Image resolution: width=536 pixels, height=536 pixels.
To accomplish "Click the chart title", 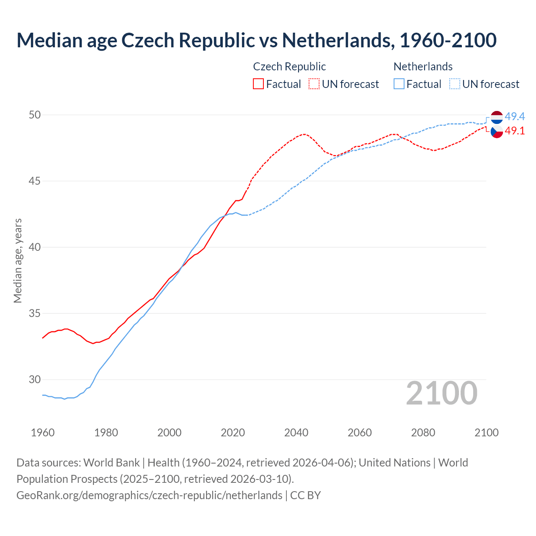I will [x=256, y=40].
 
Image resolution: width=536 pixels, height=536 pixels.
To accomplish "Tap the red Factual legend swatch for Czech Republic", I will [x=258, y=84].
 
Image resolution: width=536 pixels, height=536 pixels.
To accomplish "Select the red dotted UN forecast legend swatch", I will [x=314, y=84].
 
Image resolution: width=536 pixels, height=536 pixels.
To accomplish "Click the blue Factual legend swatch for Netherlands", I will [x=399, y=84].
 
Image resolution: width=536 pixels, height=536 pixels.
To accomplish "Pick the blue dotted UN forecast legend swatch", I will [x=455, y=84].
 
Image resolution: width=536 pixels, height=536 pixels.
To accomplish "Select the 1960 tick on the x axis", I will [x=43, y=432].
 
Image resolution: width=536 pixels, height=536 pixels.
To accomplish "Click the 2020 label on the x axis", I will [x=233, y=432].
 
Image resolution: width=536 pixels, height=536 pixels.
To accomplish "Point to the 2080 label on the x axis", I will [x=423, y=432].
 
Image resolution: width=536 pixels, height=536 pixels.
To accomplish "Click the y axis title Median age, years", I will [x=18, y=260].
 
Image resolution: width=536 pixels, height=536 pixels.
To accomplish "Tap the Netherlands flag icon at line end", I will [x=497, y=117].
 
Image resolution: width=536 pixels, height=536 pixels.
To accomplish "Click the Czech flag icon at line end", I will [x=497, y=131].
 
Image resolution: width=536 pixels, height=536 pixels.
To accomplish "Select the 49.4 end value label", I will [x=515, y=116].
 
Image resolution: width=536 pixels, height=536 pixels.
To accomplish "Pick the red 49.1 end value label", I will [x=515, y=131].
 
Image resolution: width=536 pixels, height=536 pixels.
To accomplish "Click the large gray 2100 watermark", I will [x=442, y=393].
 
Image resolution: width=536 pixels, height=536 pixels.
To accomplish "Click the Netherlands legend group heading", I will [x=423, y=67].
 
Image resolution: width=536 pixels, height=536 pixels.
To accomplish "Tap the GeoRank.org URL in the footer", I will [x=149, y=495].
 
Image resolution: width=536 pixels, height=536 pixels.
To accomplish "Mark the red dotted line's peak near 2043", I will [x=304, y=134].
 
